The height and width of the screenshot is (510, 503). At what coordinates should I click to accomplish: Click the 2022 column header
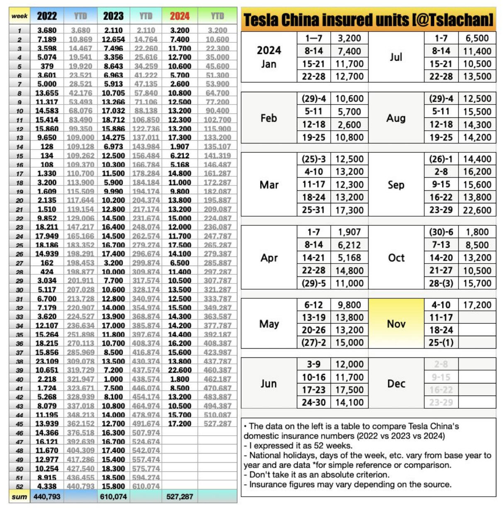(x=47, y=16)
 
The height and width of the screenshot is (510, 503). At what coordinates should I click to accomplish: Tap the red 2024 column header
(x=179, y=16)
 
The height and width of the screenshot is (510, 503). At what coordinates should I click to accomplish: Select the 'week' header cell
(x=20, y=16)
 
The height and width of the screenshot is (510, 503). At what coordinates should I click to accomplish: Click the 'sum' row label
(x=20, y=496)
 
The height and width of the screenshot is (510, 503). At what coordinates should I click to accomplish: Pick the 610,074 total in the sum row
(x=113, y=496)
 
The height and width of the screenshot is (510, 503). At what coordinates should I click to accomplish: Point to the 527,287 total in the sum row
(x=180, y=496)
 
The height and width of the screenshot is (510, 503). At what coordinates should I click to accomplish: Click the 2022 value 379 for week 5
(x=47, y=66)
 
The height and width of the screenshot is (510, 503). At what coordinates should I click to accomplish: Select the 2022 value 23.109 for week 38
(x=47, y=361)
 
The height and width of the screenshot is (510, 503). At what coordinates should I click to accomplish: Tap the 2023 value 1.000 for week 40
(x=113, y=379)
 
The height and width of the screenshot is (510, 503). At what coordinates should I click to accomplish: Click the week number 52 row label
(x=20, y=486)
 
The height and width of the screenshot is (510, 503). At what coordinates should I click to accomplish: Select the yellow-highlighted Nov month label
(x=396, y=324)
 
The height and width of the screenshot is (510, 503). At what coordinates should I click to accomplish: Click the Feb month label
(x=269, y=118)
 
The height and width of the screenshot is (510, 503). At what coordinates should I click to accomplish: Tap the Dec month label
(x=396, y=383)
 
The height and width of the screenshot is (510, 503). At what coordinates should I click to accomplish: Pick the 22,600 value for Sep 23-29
(x=477, y=210)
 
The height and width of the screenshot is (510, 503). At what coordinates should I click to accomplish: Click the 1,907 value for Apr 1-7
(x=349, y=232)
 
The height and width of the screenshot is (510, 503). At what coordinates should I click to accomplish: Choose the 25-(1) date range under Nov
(x=441, y=342)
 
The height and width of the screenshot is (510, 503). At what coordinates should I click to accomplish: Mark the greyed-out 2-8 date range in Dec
(x=441, y=364)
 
